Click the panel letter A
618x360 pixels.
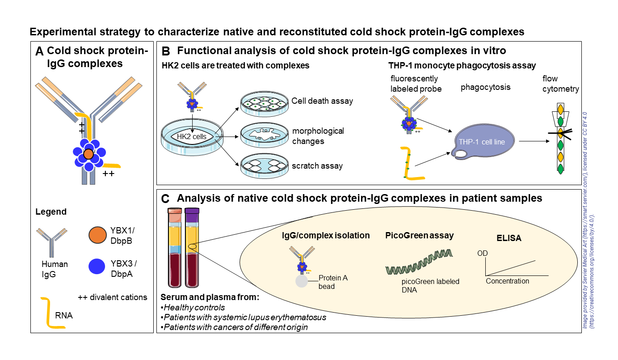pyautogui.click(x=39, y=52)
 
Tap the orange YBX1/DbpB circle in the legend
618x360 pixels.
pyautogui.click(x=97, y=235)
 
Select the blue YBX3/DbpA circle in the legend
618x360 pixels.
pyautogui.click(x=97, y=267)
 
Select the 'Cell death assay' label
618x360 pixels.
pyautogui.click(x=322, y=101)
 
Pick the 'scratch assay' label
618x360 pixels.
pyautogui.click(x=317, y=166)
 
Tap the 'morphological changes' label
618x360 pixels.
pyautogui.click(x=318, y=136)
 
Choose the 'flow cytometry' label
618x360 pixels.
pyautogui.click(x=561, y=84)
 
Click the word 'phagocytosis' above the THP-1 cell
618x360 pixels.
pyautogui.click(x=485, y=87)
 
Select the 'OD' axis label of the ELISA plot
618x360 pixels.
pyautogui.click(x=483, y=254)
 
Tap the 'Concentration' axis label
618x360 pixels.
pyautogui.click(x=507, y=281)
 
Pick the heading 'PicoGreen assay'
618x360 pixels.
pyautogui.click(x=420, y=235)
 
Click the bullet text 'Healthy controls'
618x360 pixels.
pyautogui.click(x=193, y=307)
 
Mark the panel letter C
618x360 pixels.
pyautogui.click(x=165, y=199)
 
